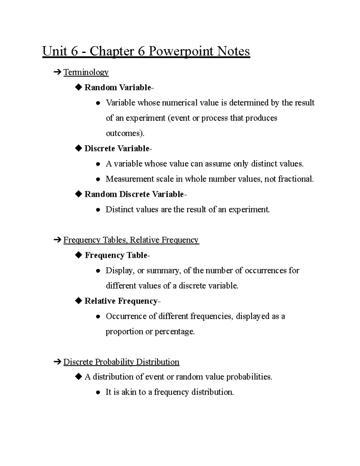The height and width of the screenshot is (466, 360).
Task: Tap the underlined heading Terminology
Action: [x=86, y=72]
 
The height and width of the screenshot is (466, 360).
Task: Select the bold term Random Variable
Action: [x=118, y=88]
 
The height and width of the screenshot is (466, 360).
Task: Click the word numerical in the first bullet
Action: [x=180, y=103]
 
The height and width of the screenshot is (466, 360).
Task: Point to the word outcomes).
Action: [x=125, y=134]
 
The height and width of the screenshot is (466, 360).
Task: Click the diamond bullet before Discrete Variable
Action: [x=79, y=149]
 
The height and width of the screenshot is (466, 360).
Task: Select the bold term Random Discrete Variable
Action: [x=134, y=194]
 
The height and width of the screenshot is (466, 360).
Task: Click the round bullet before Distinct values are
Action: [x=98, y=210]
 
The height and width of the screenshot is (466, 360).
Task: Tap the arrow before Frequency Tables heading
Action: [x=56, y=240]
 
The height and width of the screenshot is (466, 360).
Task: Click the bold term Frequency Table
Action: [x=116, y=255]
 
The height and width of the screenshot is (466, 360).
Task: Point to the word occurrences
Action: [x=265, y=271]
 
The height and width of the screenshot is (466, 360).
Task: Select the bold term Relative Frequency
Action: [x=121, y=301]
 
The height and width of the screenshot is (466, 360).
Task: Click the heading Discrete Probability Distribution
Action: [x=121, y=362]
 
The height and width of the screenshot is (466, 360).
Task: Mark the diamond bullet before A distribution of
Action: [x=79, y=377]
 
